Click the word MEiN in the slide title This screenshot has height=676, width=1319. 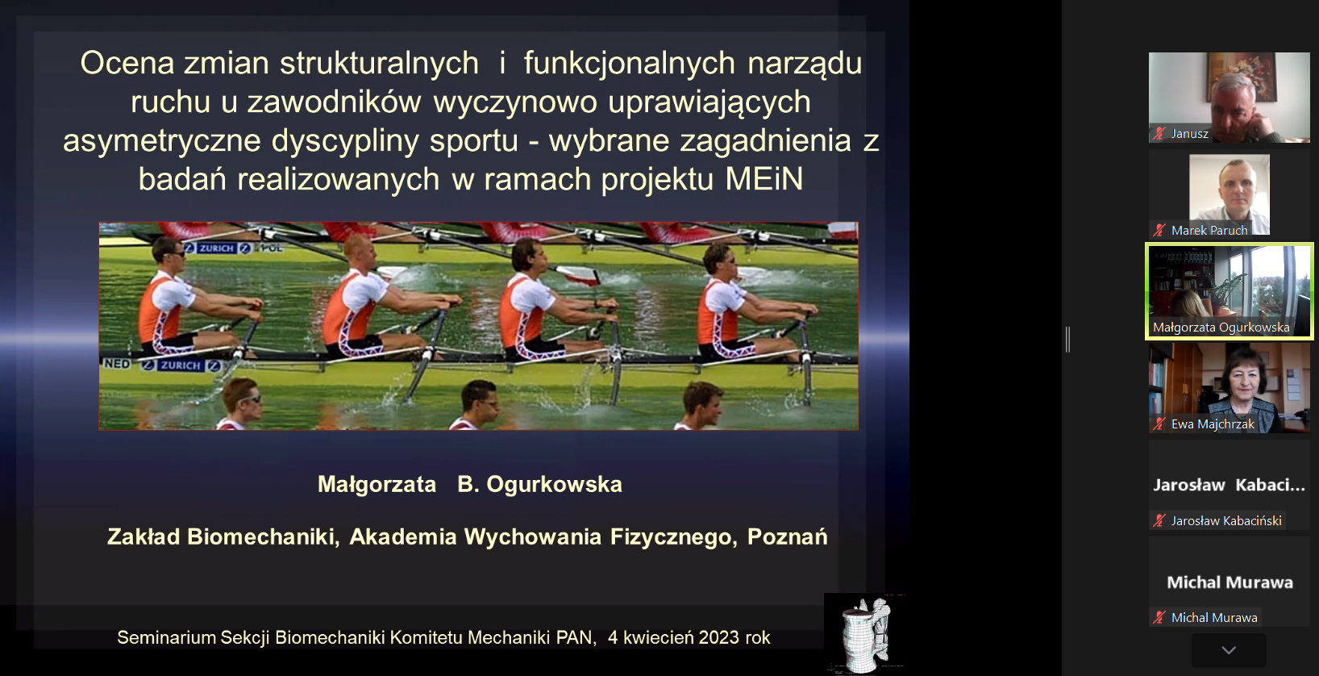[764, 179]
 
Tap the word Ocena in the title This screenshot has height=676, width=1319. [127, 63]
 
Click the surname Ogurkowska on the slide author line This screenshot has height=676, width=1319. [554, 485]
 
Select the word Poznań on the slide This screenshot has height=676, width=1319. [787, 536]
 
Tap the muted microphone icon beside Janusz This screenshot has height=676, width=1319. [1159, 134]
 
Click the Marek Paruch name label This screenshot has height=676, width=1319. [1209, 231]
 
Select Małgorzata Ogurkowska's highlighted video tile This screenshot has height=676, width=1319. [1230, 291]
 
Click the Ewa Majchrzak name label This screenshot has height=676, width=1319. [1213, 424]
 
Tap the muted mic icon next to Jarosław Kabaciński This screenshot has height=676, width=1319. [1159, 521]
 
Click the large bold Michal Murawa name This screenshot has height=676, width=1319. [1230, 582]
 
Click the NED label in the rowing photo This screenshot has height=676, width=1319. [117, 365]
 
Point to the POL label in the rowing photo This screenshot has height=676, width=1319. [272, 248]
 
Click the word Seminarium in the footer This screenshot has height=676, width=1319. [165, 638]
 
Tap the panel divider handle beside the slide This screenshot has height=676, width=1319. [1067, 340]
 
